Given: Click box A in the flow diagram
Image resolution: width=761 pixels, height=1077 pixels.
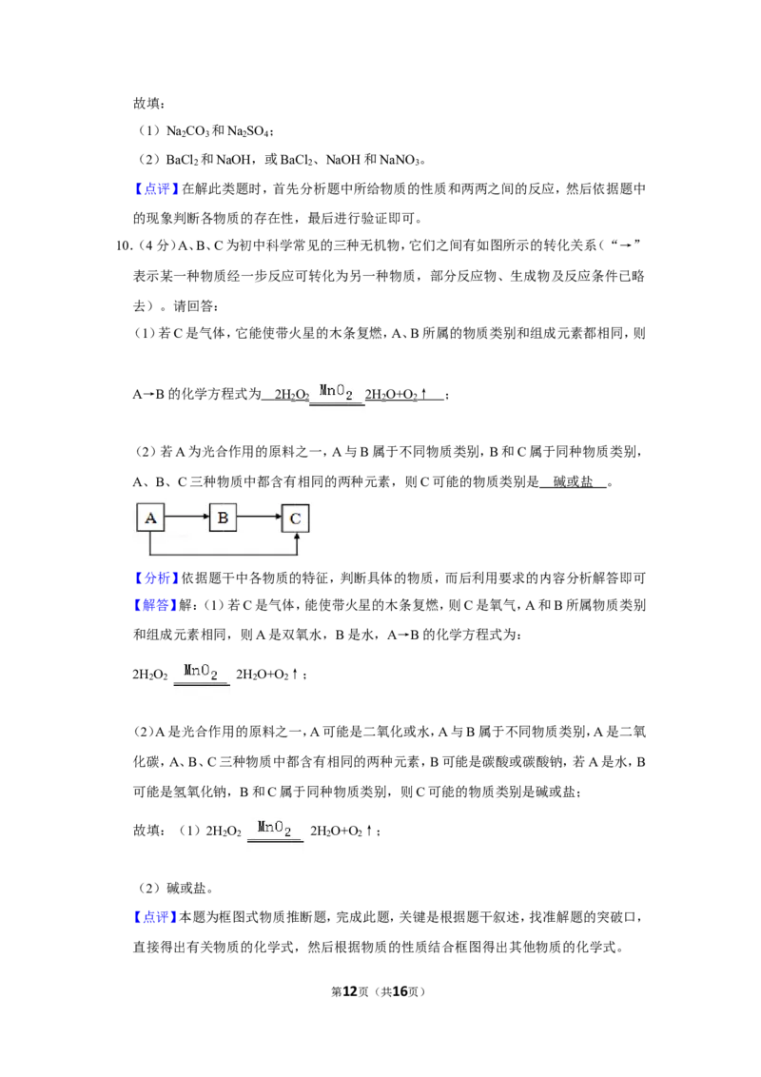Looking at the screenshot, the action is coord(150,518).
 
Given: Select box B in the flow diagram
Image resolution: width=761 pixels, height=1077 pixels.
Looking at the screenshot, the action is coord(223,518).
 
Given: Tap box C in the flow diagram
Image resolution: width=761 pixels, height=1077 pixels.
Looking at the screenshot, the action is coord(295,519).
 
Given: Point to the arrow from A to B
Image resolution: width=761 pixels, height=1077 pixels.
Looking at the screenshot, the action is coord(186,518).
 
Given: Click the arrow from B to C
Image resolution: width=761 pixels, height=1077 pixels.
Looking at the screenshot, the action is coord(259,518).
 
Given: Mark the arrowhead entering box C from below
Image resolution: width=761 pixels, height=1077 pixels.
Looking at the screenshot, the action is coord(296,538).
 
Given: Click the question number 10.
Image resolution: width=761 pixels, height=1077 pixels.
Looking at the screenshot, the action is coord(124,245).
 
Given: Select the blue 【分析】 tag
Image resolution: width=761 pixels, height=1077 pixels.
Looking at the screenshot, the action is coord(157,578).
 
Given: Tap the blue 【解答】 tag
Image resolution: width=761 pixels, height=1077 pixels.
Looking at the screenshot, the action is coord(155,605).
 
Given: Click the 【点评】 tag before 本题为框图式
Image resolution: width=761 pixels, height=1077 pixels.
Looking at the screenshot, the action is coord(155,917).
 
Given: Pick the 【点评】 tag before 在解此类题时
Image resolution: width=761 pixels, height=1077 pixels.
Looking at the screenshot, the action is coord(157,189).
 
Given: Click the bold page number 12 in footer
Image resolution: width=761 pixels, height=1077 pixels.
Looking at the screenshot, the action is coord(350,991).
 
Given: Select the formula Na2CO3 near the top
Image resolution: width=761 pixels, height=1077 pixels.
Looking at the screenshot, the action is coord(187,131).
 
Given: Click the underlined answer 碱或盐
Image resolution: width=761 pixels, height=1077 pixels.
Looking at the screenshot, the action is coord(573,482).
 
